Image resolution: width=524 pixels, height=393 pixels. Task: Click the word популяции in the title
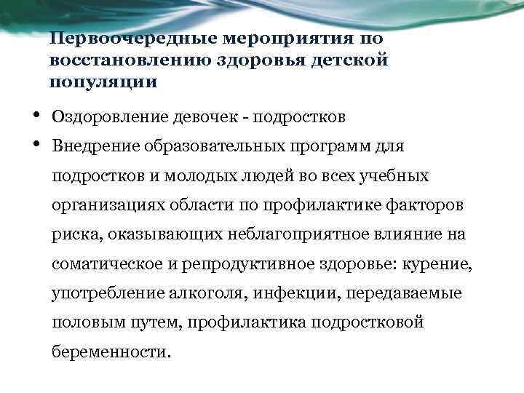[103, 82]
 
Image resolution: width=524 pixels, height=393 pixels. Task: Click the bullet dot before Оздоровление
[36, 114]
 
